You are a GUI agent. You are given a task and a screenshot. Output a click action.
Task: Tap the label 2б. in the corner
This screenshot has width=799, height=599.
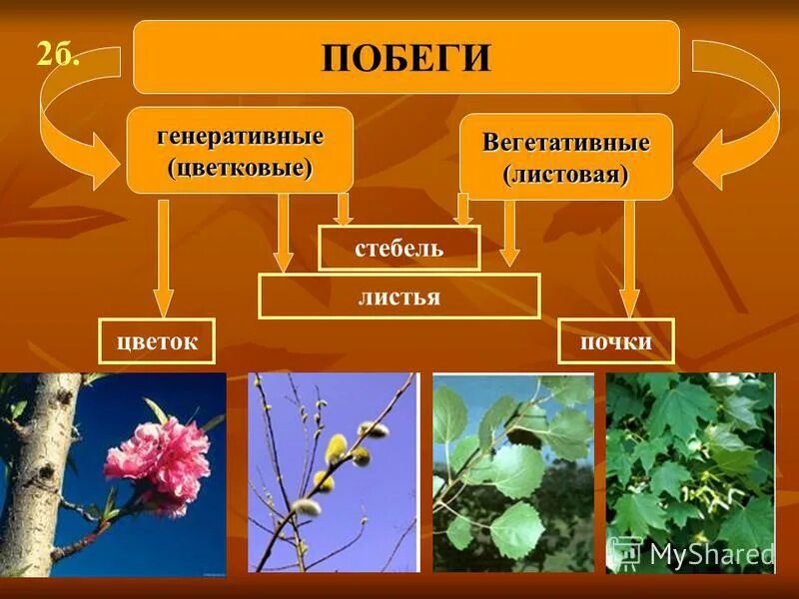(58, 52)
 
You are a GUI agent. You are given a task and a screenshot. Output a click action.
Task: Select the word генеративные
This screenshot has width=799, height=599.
(240, 135)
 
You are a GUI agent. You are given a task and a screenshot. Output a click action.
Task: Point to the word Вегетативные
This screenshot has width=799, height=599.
(566, 142)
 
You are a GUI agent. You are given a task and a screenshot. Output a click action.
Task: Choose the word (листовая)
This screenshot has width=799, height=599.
(566, 175)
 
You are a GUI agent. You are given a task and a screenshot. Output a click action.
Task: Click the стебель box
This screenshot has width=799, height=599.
(399, 248)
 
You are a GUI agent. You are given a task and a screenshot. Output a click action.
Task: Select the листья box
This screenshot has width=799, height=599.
(399, 297)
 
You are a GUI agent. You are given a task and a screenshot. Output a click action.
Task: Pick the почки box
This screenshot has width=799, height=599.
(616, 341)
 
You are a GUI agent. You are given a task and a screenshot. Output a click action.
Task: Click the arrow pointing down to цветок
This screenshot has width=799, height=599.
(164, 260)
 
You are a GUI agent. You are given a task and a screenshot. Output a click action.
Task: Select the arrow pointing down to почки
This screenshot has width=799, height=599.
(629, 260)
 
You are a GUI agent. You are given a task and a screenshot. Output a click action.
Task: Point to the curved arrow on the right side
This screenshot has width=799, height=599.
(744, 120)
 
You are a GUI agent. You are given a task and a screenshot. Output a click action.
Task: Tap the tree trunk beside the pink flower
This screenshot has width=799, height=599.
(40, 469)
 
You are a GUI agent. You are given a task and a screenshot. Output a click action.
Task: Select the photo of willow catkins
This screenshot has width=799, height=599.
(332, 471)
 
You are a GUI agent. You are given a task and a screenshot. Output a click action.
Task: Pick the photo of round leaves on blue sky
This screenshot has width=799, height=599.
(511, 471)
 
